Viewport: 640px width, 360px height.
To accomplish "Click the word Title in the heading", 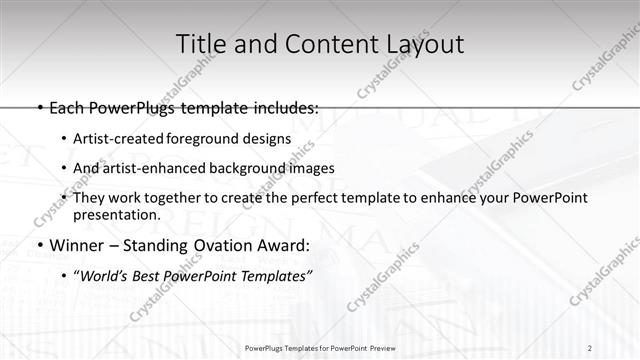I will (201, 44).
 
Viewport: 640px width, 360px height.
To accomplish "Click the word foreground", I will (206, 139).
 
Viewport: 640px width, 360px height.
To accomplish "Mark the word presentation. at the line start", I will (116, 215).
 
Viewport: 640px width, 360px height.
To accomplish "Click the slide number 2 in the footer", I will (590, 348).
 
